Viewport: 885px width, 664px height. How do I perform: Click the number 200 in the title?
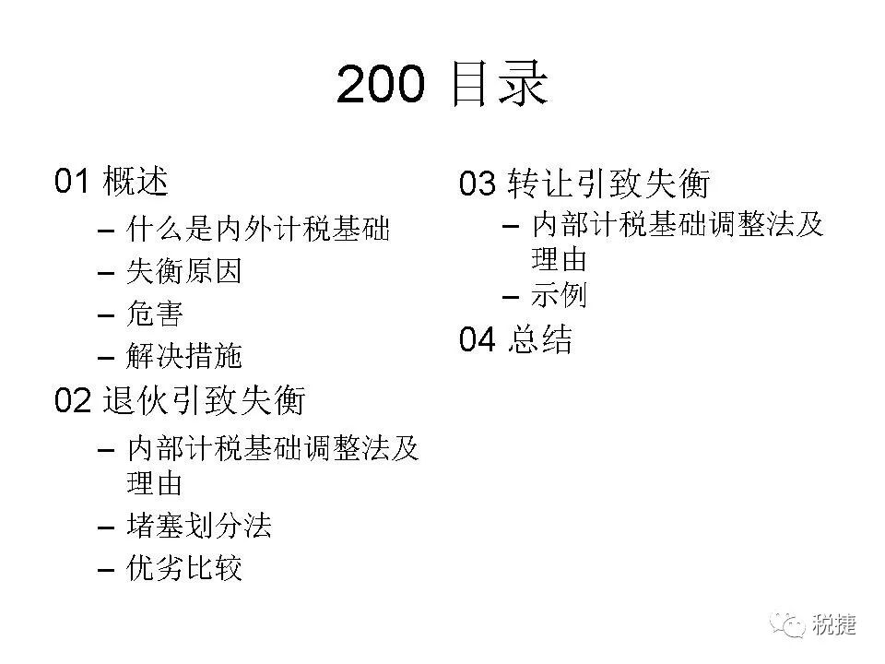(381, 86)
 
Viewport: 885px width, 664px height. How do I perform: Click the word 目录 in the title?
(499, 86)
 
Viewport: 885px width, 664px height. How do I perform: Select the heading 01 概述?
(112, 181)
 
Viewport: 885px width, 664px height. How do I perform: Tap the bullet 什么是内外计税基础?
(258, 228)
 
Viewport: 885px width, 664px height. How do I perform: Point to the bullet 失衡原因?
(183, 271)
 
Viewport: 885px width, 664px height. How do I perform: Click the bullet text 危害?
(155, 314)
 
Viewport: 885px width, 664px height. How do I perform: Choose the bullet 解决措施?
(183, 356)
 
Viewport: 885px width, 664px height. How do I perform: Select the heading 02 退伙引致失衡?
(180, 400)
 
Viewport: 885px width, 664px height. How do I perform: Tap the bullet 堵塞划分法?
(198, 526)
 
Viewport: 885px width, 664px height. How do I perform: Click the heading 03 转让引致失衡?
(584, 184)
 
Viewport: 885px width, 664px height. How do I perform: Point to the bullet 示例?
(559, 295)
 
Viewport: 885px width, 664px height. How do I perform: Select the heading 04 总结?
(515, 340)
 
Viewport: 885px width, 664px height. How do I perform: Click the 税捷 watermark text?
(834, 624)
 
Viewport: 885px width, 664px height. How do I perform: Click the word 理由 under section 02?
(155, 483)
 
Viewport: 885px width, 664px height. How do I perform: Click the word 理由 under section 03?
(559, 259)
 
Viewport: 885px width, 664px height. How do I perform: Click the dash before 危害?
(106, 314)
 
